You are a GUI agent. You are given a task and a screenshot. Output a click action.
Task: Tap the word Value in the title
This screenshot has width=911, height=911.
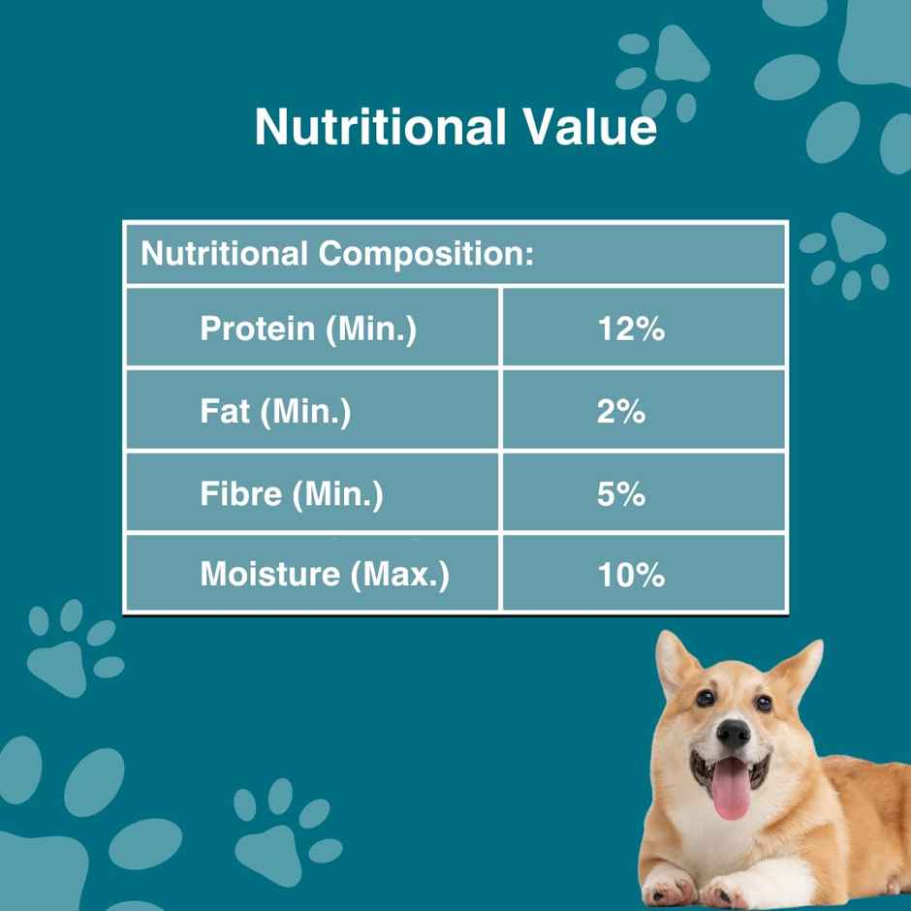[587, 127]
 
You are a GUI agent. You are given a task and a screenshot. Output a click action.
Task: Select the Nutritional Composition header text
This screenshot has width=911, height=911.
[337, 255]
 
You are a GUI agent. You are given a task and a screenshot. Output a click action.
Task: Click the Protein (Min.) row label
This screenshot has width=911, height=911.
[308, 329]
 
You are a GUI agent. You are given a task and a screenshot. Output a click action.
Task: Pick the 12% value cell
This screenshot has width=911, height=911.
[631, 329]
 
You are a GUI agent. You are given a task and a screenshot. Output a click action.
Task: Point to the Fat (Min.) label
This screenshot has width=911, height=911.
[275, 412]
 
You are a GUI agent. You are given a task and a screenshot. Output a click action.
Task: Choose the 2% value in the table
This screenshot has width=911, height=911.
[621, 412]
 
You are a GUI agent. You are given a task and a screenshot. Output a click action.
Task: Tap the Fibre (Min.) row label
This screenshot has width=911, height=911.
[292, 494]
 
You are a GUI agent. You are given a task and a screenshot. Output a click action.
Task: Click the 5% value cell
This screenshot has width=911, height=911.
[621, 494]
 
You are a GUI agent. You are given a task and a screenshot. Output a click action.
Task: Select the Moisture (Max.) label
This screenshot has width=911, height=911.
[325, 574]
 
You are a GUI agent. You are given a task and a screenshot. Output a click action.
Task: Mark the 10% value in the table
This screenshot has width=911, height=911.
[631, 575]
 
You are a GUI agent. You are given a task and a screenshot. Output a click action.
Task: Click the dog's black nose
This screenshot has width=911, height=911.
[733, 733]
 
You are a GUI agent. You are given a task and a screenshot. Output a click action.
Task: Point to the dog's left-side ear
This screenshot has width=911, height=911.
[675, 662]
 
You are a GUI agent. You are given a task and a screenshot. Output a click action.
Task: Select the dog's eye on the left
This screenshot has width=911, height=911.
[705, 698]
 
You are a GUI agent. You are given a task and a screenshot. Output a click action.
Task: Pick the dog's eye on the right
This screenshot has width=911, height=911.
[764, 703]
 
